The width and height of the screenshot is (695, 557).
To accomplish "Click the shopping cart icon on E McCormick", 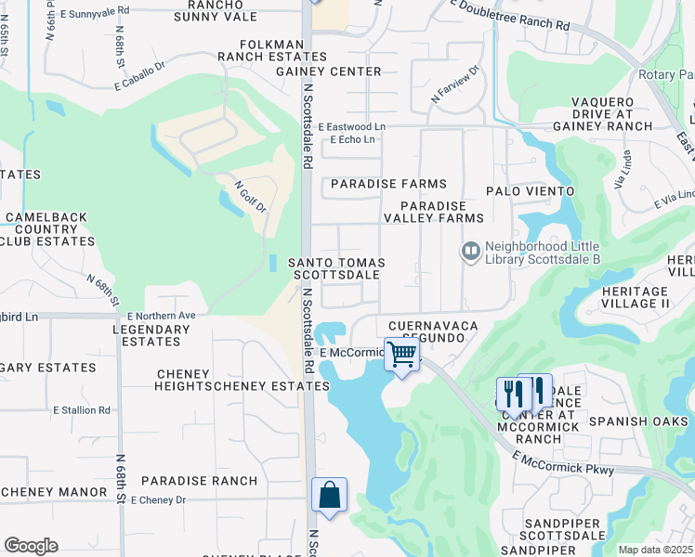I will tap(401, 354).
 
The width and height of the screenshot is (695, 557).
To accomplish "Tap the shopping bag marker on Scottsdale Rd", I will tap(330, 495).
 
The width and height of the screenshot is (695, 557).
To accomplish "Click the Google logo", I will tap(31, 546).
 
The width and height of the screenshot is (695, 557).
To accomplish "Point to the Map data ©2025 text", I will tap(655, 550).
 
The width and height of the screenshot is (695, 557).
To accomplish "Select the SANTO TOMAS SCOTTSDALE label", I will tap(336, 269).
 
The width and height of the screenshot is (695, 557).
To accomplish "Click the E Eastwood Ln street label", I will tap(351, 126).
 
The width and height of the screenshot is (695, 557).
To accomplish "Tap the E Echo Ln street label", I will tap(353, 140).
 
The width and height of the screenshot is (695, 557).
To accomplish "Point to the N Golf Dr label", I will tap(251, 197).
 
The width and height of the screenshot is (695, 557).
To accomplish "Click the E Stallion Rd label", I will tap(82, 409).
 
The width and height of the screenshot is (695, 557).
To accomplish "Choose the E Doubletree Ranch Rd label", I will tap(509, 16).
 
